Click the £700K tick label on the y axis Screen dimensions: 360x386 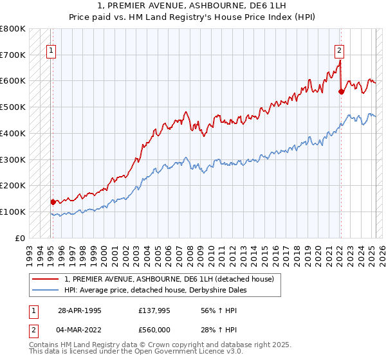(x=13, y=55)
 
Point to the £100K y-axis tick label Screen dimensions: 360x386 (x=13, y=212)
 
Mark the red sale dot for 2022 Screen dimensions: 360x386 (x=341, y=91)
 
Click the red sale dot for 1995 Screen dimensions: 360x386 (x=53, y=202)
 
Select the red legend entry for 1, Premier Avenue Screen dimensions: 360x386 (x=169, y=279)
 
